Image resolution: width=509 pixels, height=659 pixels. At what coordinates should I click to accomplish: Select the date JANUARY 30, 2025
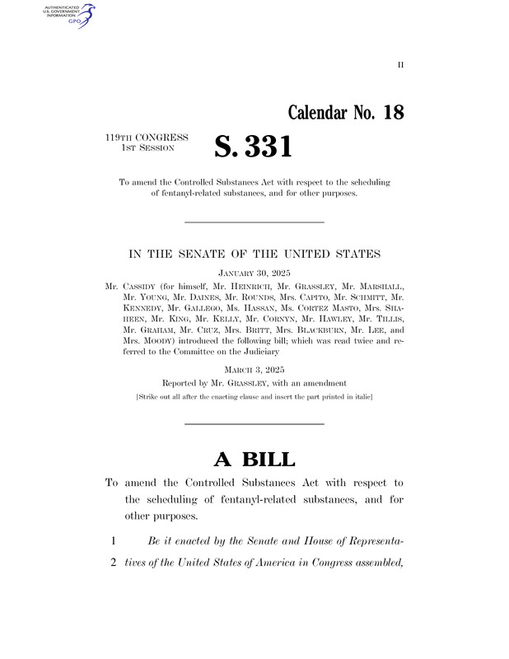[x=254, y=272]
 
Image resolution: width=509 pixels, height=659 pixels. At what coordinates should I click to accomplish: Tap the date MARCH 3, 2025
[x=254, y=371]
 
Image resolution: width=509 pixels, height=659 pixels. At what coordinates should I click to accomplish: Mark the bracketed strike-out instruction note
[x=254, y=397]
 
